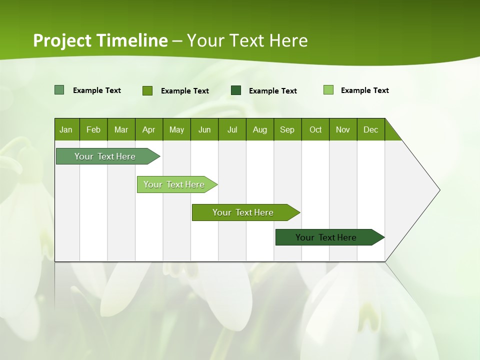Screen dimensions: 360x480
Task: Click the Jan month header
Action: pos(66,129)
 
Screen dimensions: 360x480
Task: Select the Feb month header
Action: pos(93,129)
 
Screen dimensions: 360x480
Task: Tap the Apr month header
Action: pos(148,129)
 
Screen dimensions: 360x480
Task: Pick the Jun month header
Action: pos(204,129)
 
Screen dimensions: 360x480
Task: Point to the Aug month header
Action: pos(259,129)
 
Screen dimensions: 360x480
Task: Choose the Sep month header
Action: pos(287,129)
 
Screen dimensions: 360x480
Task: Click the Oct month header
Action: pos(315,129)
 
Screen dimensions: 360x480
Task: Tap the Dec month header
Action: pos(370,129)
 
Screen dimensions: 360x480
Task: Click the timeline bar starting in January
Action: pos(105,156)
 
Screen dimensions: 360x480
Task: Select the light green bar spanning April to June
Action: pos(174,184)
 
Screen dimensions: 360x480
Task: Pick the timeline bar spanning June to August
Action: pos(243,212)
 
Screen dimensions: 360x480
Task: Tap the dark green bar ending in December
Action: pos(326,237)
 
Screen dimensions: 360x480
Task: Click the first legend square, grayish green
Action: pos(59,90)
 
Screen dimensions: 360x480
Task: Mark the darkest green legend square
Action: pos(236,90)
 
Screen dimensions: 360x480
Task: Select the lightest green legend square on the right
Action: pos(328,90)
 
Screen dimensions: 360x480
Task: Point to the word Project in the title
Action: pos(62,40)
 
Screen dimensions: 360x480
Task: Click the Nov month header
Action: pos(343,129)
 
